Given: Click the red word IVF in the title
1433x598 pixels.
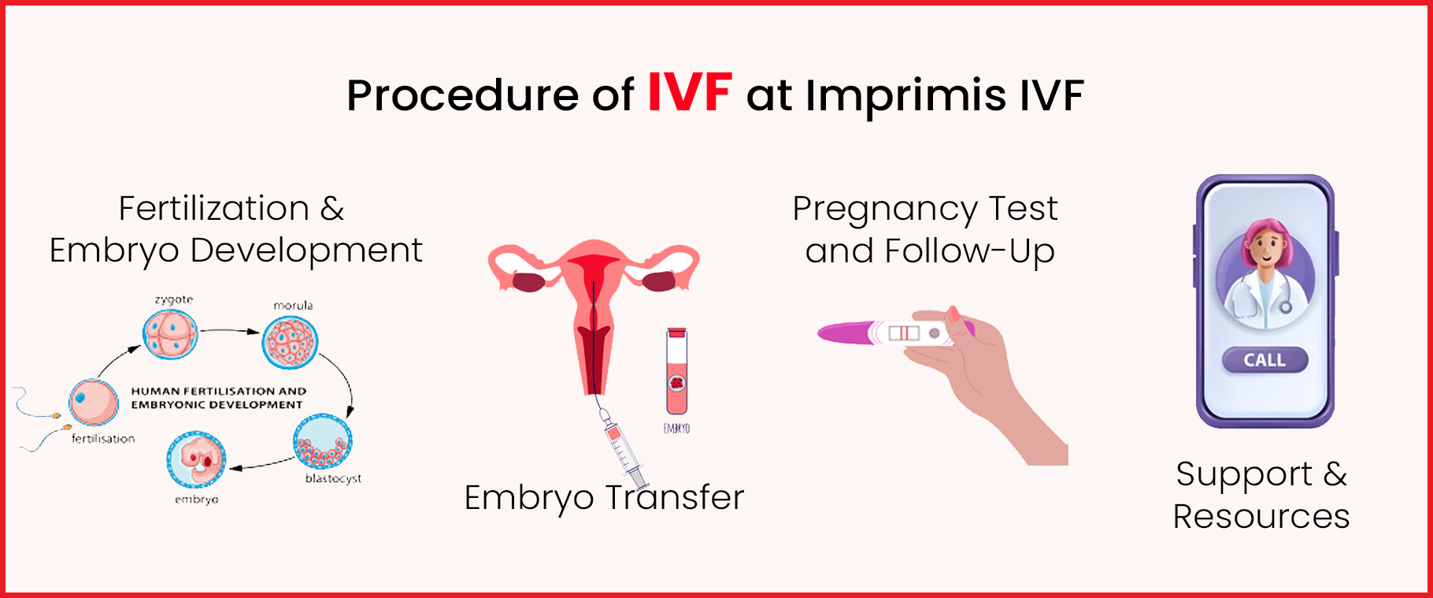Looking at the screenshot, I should [x=690, y=93].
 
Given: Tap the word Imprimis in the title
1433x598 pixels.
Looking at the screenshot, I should [x=905, y=96].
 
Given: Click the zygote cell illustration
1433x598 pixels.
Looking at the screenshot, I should [x=169, y=334].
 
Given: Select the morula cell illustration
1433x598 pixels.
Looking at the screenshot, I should [x=290, y=343].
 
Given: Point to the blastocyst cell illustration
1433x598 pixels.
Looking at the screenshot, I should [x=322, y=442].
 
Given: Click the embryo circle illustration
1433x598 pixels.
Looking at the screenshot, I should [x=196, y=460].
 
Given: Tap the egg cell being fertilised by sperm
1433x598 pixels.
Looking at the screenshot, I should [x=94, y=401].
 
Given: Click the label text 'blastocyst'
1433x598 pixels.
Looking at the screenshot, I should [x=333, y=479].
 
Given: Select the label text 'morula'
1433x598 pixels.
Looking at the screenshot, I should [x=293, y=306].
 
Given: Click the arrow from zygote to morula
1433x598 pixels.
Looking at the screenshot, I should [x=228, y=331].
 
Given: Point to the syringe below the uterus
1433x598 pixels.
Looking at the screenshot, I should [x=622, y=449].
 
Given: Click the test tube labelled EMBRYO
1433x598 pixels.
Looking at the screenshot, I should [x=676, y=372].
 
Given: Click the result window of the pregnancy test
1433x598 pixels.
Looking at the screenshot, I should [x=904, y=333].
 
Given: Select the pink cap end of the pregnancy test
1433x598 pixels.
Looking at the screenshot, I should [x=842, y=332].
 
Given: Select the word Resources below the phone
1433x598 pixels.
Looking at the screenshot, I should [x=1261, y=517].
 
